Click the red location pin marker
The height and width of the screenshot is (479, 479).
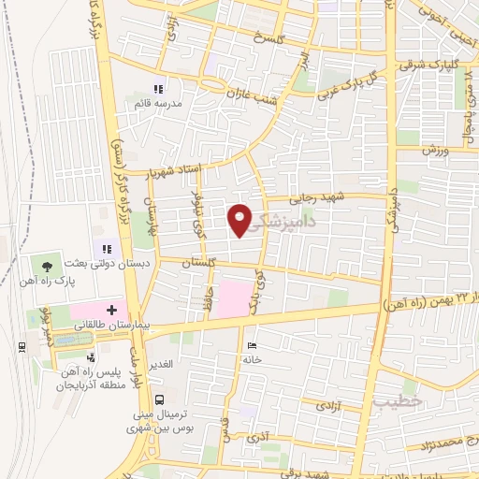(240, 219)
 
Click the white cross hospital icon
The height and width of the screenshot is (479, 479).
(112, 309)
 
